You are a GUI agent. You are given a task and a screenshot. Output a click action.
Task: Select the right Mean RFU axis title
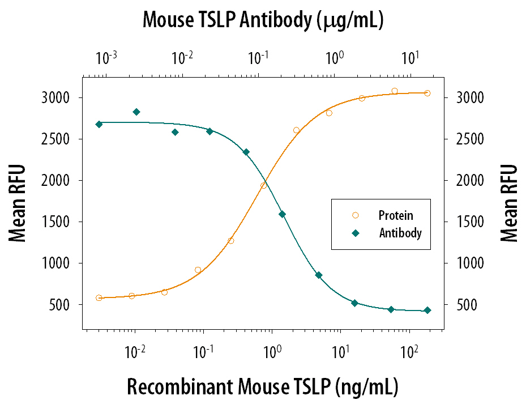[x=509, y=203]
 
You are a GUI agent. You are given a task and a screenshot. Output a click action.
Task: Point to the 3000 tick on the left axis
[x=60, y=98]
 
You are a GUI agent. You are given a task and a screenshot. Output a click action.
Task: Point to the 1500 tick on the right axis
[x=467, y=222]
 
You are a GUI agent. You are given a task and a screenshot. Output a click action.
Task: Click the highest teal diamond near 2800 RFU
[x=136, y=112]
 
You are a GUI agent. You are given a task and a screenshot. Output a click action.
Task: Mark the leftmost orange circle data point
[x=99, y=297]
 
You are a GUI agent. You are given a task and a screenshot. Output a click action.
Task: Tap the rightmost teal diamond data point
[x=427, y=310]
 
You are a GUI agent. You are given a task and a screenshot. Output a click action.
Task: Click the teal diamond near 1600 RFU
[x=282, y=214]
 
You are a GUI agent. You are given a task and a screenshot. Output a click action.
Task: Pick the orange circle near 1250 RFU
[x=231, y=240]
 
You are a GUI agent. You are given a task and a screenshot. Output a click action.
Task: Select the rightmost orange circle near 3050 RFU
[x=427, y=93]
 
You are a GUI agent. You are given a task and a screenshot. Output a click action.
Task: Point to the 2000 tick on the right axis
[x=467, y=181]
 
